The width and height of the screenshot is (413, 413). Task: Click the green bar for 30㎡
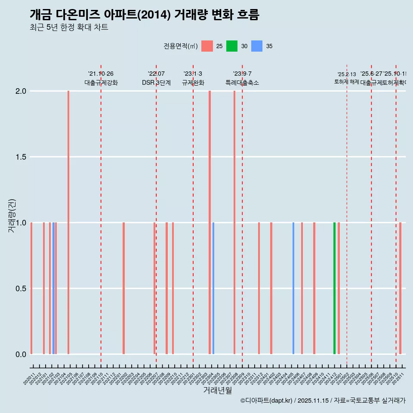tap(334, 288)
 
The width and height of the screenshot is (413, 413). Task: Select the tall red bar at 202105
tap(68, 222)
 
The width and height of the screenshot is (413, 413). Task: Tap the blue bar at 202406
tap(293, 288)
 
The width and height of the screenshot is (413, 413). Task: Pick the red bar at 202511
tap(400, 288)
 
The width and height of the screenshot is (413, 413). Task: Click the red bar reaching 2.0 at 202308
tap(234, 222)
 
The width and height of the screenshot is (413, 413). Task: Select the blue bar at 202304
tap(213, 288)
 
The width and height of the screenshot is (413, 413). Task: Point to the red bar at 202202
tap(123, 288)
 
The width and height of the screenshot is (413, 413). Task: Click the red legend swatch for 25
tap(207, 46)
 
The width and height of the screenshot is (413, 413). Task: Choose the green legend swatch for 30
tap(232, 46)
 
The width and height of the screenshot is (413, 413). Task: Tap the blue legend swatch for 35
tap(257, 46)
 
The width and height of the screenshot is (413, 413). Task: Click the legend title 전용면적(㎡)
tap(180, 46)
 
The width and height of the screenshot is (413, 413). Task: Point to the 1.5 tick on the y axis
tap(21, 157)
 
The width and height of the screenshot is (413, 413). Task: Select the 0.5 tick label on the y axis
tap(21, 289)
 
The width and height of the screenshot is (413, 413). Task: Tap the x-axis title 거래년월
tap(217, 391)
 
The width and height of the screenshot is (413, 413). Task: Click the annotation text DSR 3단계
tap(156, 83)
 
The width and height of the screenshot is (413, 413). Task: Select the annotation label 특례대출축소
tap(242, 83)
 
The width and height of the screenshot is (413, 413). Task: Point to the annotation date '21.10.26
tap(101, 74)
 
